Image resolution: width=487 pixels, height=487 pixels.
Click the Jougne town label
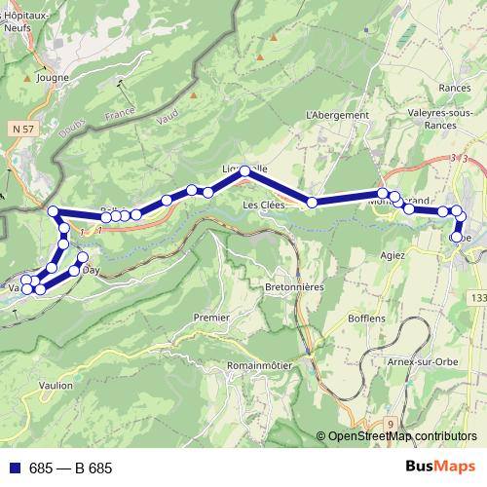(x=52, y=77)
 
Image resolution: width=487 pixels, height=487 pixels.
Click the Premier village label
(x=211, y=318)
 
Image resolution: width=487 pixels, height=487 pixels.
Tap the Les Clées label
(x=264, y=206)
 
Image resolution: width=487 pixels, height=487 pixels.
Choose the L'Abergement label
(x=337, y=115)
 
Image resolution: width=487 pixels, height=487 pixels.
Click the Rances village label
(x=455, y=87)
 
